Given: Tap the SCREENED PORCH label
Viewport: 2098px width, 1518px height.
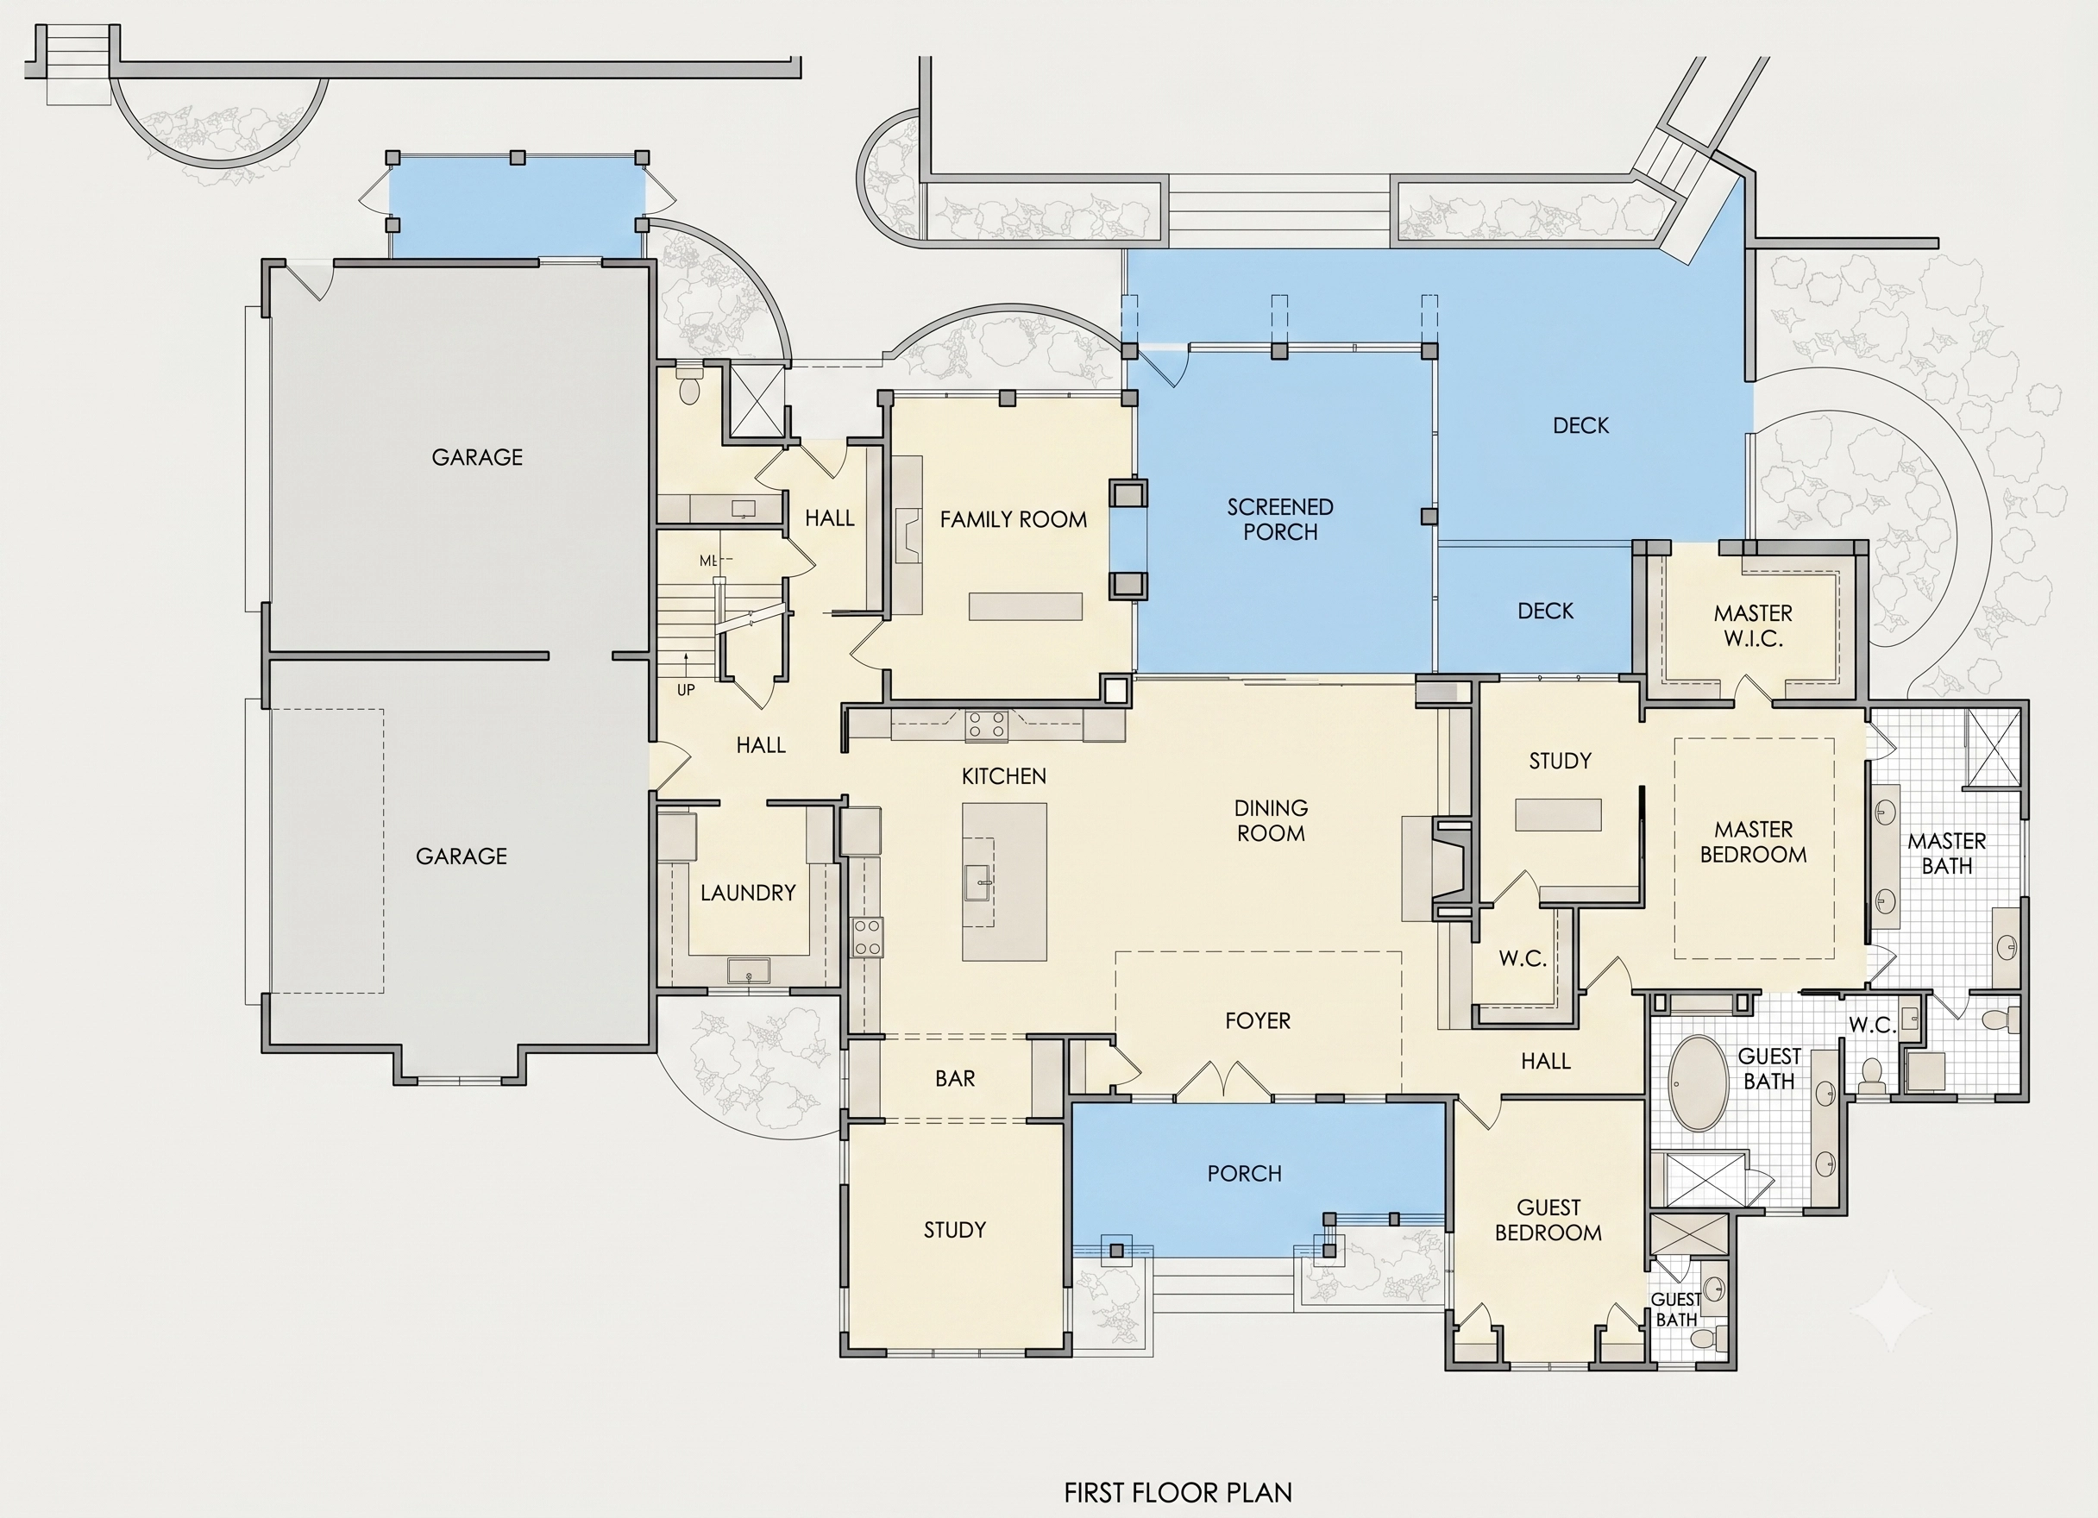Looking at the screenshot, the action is (x=1280, y=519).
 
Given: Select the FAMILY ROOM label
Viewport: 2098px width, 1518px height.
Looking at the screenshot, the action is (x=1013, y=520).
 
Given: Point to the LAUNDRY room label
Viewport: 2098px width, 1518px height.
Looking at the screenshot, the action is (x=747, y=893).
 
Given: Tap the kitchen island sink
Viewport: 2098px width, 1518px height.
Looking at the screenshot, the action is (x=979, y=882).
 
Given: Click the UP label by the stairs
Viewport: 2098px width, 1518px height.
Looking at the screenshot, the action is (x=686, y=690).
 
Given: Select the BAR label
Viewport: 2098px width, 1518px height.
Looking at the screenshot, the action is (x=955, y=1079).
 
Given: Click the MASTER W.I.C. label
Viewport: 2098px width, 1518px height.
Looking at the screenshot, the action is (x=1753, y=625).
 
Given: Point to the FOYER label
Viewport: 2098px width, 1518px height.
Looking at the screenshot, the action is (x=1257, y=1020).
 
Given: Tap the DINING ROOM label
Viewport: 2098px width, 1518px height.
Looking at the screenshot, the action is (x=1271, y=820).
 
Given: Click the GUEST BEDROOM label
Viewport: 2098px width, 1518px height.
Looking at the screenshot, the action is (x=1548, y=1220).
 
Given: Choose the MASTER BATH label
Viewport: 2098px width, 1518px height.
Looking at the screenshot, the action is (x=1947, y=853).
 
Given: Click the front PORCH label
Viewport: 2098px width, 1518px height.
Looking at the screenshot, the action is (x=1244, y=1174).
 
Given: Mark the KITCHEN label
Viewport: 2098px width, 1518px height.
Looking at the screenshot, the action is (x=1003, y=776).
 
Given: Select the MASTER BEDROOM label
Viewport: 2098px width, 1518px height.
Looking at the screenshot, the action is (x=1753, y=842).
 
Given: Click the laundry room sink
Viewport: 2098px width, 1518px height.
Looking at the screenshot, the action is (x=747, y=970).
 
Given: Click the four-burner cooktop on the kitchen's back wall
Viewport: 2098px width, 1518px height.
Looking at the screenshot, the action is (x=986, y=725).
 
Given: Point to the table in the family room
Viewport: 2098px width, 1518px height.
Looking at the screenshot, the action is (x=1025, y=605).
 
